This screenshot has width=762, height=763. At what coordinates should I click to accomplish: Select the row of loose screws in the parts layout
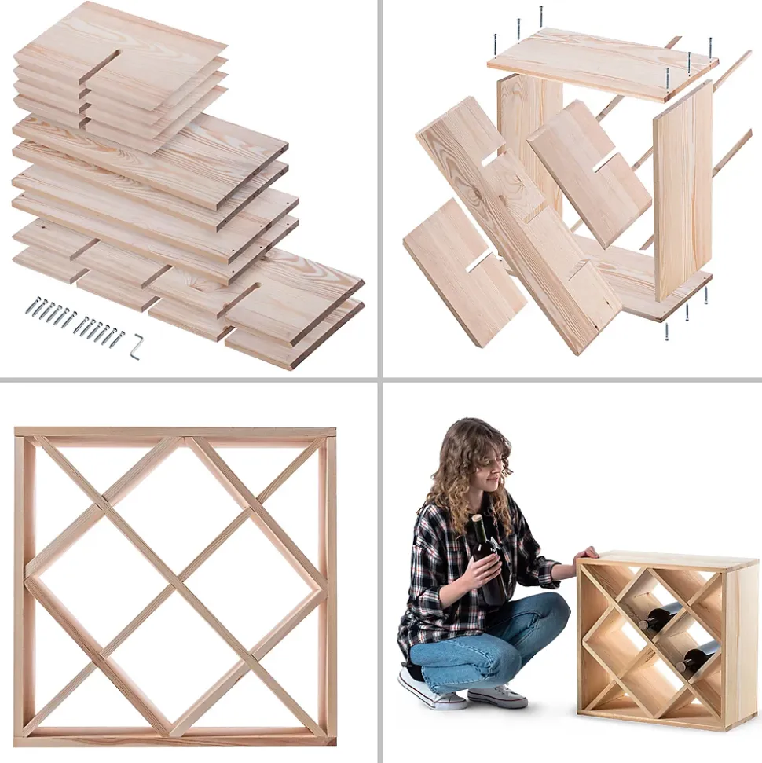75,319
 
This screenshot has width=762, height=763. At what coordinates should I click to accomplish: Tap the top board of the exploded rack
602,63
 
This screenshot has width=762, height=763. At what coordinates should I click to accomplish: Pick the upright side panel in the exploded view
683,189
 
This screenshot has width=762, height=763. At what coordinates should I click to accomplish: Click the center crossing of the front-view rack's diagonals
174,585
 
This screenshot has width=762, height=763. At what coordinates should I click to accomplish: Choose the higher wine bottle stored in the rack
660,616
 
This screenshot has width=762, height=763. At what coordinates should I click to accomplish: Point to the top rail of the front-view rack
174,432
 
